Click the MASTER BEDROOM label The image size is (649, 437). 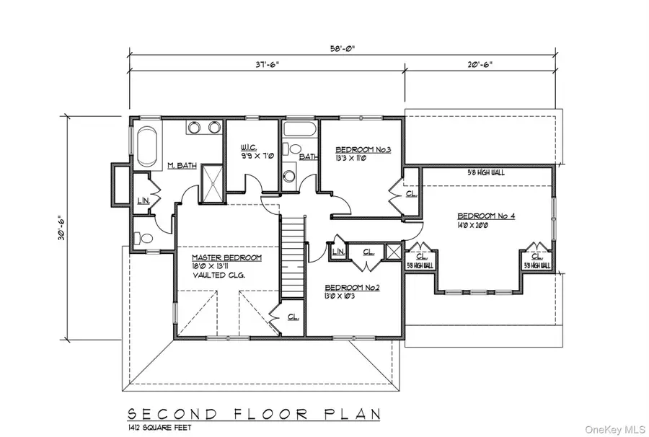coord(226,257)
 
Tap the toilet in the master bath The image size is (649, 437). coord(144,237)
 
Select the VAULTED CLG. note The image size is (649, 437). coord(218,276)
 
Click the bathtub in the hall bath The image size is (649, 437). coord(299,130)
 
